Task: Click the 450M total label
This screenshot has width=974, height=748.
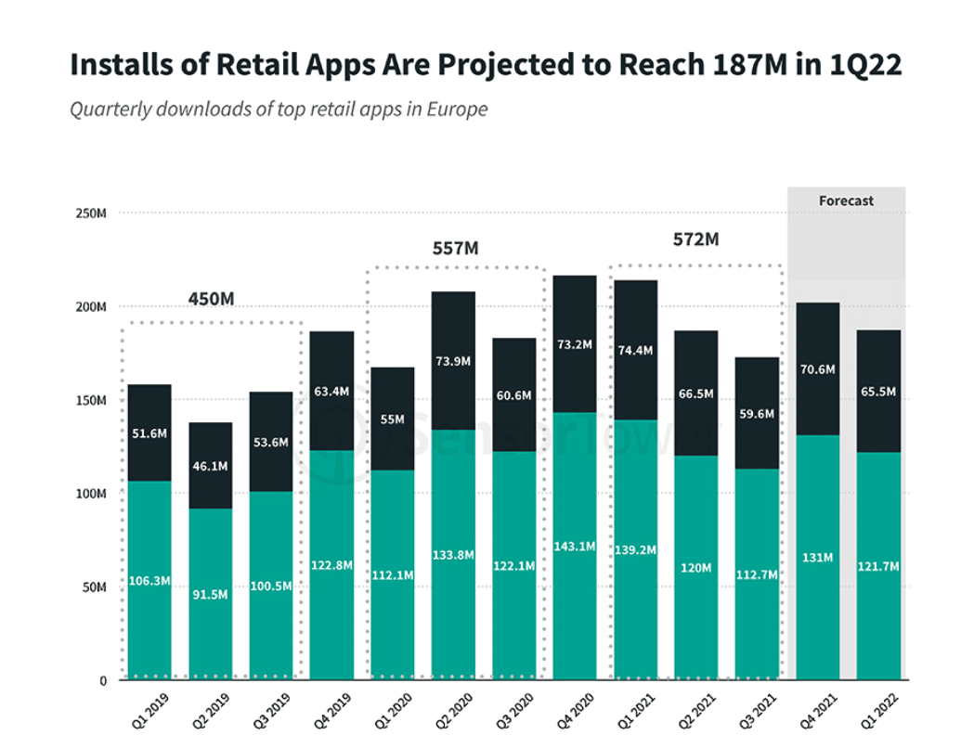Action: [x=211, y=299]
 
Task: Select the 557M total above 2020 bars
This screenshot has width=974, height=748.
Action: [x=455, y=248]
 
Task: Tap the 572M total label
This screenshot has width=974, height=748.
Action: [x=695, y=239]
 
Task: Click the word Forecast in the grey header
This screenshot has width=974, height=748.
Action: [x=846, y=200]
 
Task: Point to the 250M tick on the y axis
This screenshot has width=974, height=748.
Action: [x=90, y=213]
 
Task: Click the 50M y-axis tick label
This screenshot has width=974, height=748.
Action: [x=93, y=587]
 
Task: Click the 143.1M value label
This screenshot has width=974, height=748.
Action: [x=575, y=546]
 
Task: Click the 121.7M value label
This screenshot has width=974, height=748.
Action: [x=878, y=565]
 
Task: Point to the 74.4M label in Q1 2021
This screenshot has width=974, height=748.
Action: [x=635, y=350]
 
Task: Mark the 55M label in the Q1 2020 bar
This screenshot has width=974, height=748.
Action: [x=392, y=419]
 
